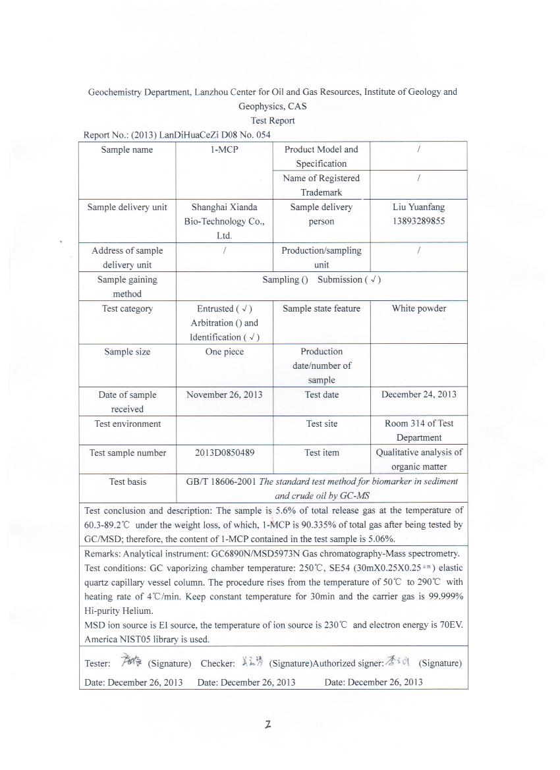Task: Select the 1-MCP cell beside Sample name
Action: tap(224, 150)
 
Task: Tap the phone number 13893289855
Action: tap(418, 221)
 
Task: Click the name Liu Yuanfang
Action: tap(418, 207)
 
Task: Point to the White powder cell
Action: tap(418, 308)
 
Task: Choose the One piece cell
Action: tap(224, 352)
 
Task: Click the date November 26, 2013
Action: tap(224, 395)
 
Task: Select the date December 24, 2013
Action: tap(418, 395)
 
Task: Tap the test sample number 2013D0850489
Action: tap(224, 453)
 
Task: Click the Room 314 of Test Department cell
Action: tap(418, 430)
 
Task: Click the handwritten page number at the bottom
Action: tap(268, 725)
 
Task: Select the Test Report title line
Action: tap(273, 121)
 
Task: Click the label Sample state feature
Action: tap(322, 308)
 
